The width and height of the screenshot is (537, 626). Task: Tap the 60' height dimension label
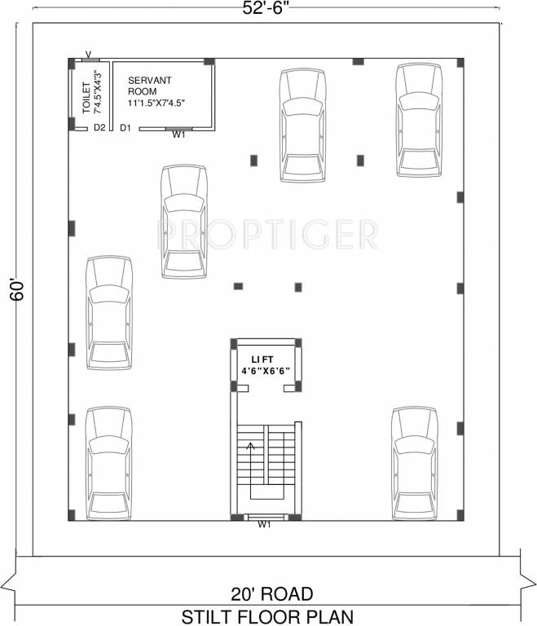[17, 290]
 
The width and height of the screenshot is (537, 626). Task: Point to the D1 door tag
[125, 128]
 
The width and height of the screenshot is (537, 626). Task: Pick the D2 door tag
[99, 128]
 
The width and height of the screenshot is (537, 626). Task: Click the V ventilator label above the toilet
[87, 55]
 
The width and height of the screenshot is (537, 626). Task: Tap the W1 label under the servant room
[178, 136]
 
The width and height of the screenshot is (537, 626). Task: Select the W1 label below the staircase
[264, 525]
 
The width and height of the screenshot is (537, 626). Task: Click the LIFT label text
[263, 359]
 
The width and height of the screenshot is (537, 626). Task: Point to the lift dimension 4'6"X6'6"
[266, 371]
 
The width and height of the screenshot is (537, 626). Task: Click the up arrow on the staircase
[251, 446]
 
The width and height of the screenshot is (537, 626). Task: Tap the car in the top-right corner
[420, 120]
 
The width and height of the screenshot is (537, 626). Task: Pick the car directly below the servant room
[184, 222]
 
